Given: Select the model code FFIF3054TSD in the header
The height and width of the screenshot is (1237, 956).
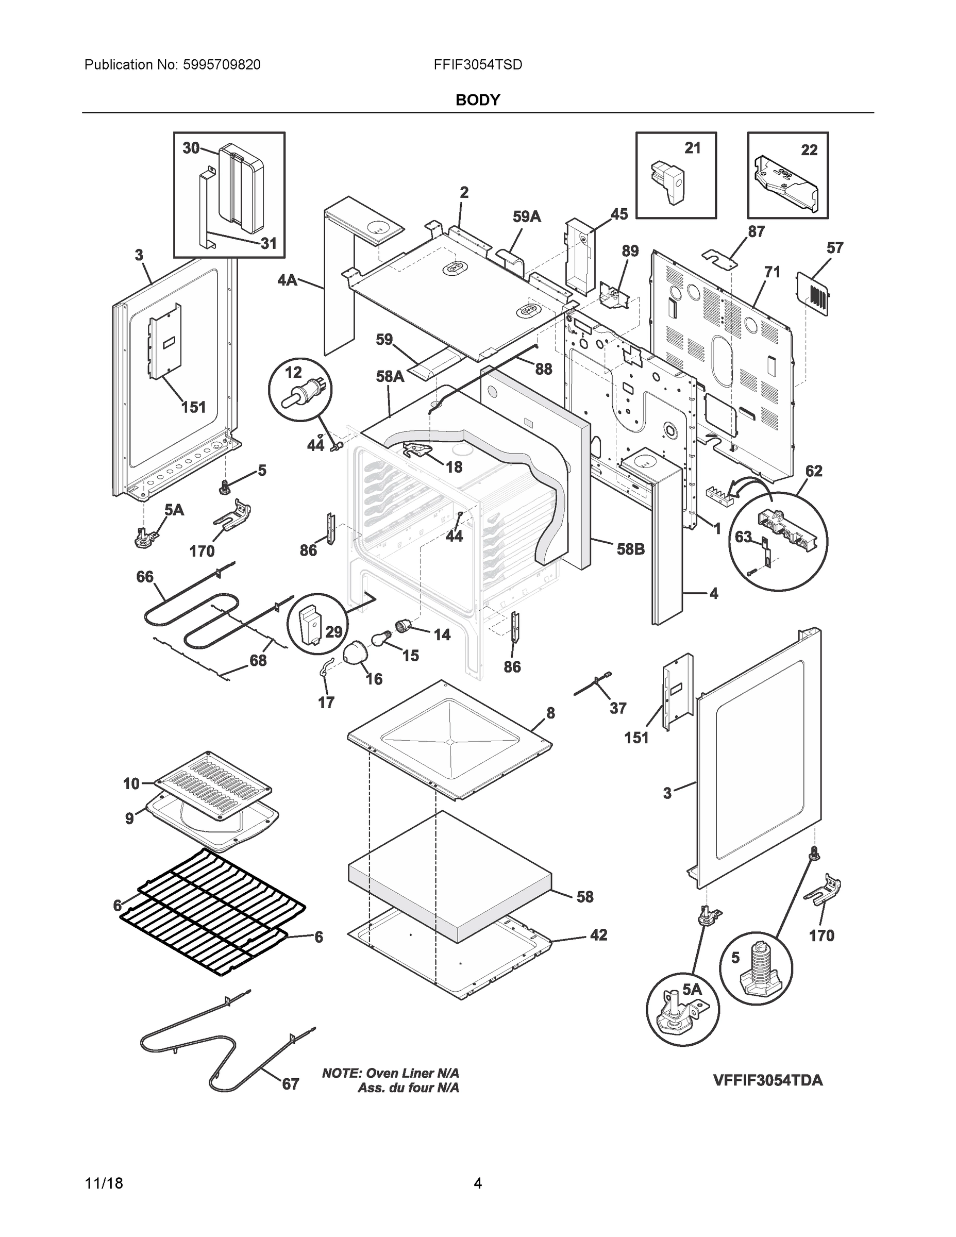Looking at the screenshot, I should [477, 65].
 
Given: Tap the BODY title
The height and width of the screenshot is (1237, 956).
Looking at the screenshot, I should [477, 101].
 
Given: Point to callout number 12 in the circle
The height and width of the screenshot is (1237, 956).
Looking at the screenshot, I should [293, 372].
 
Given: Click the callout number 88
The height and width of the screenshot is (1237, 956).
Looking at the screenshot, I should [543, 369].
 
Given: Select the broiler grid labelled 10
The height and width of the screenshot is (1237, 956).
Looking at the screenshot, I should [213, 785].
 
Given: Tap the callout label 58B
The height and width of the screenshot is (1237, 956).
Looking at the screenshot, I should [630, 549].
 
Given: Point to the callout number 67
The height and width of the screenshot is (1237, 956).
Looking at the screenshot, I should [291, 1084].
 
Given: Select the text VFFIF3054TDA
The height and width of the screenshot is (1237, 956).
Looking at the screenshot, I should [767, 1080].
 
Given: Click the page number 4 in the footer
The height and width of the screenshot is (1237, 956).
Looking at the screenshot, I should [477, 1183].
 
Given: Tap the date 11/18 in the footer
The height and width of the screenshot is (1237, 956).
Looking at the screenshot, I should [104, 1183].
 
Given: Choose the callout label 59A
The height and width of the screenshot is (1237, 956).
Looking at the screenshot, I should [527, 216].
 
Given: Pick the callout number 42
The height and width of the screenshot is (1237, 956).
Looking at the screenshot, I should [599, 935].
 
